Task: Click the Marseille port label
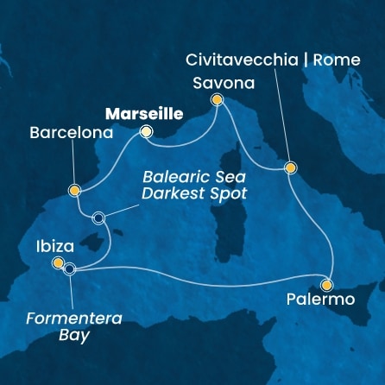pos(143,113)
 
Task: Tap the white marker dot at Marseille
pos(147,132)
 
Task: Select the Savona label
pos(219,84)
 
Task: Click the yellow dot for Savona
pos(218,100)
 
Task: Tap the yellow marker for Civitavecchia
pos(291,168)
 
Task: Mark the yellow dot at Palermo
pos(327,283)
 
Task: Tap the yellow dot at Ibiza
pos(58,262)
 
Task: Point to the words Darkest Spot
pos(196,194)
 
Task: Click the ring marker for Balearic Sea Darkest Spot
pos(99,218)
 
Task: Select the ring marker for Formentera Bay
pos(70,268)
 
